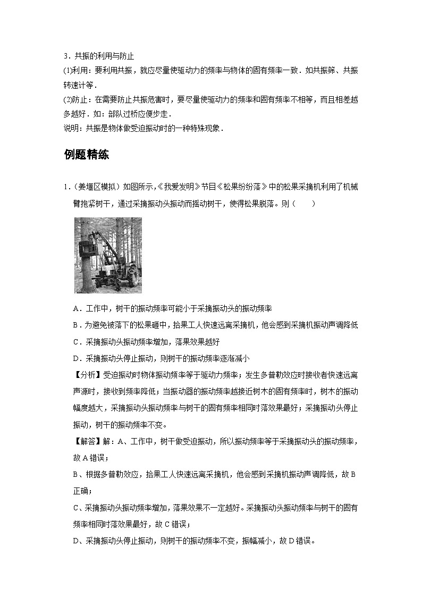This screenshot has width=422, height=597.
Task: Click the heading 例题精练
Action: tap(86, 155)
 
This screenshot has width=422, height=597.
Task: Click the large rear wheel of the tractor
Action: tap(132, 276)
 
